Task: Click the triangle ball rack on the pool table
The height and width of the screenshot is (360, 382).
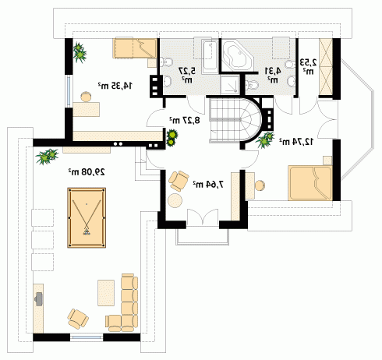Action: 87,232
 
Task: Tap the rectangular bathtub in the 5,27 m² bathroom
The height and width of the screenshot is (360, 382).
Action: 210,57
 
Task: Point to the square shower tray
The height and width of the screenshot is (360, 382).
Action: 229,85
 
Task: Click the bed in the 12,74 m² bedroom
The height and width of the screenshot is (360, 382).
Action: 310,183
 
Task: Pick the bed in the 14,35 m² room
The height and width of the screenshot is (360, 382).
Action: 135,48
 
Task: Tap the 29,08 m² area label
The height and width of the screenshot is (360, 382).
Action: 87,171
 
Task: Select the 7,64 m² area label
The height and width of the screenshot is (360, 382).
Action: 208,184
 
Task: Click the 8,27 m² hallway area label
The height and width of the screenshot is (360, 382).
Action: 185,120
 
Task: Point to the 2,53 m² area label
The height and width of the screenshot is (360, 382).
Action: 309,66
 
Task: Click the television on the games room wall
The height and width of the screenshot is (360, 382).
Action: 38,299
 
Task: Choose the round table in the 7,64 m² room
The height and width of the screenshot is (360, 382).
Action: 175,200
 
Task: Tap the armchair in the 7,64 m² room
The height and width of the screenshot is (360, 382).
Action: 179,181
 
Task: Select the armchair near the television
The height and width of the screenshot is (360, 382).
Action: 78,318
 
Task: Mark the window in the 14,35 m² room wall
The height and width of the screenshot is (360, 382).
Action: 69,91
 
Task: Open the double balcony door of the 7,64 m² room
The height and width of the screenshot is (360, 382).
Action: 203,217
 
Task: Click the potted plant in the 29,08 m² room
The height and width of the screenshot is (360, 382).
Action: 47,156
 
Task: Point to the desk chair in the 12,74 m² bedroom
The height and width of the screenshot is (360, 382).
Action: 260,185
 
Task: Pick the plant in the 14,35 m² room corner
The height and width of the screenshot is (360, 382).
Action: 80,52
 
